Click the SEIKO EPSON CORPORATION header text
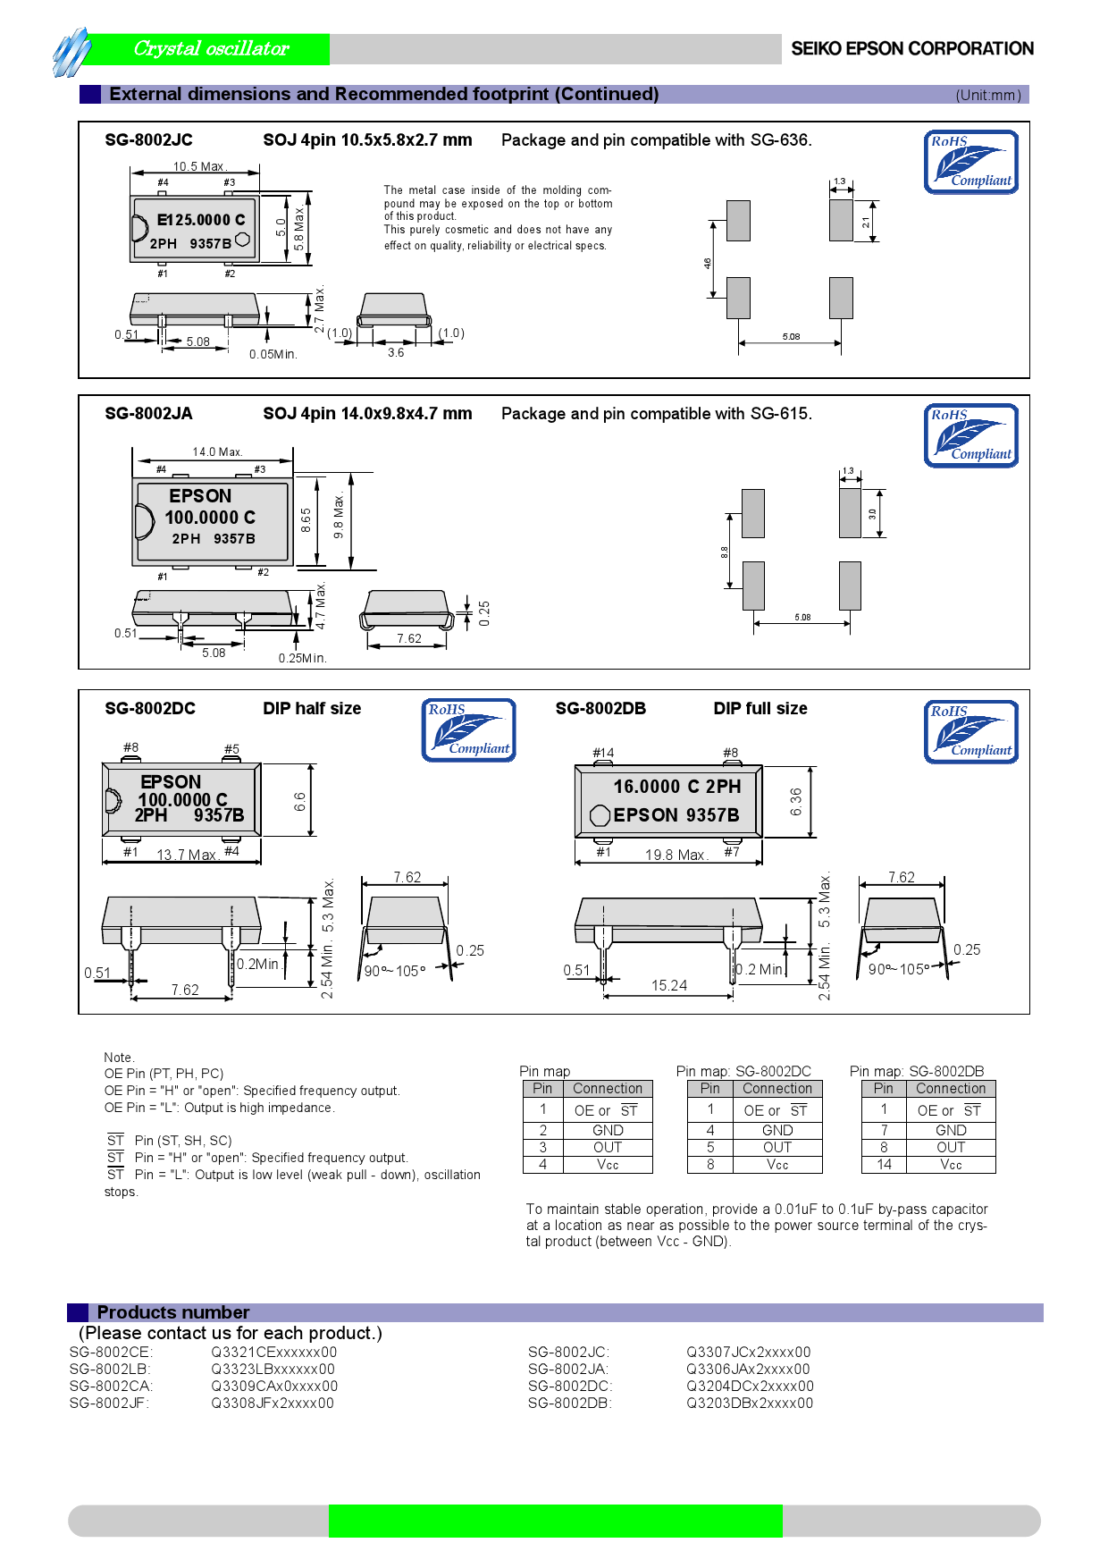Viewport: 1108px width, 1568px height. click(x=911, y=49)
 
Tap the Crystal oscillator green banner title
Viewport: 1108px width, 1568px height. click(x=212, y=49)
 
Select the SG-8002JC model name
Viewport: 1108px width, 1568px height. click(x=148, y=140)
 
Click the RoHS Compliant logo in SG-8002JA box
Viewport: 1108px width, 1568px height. click(x=970, y=435)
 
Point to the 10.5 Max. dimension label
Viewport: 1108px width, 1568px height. click(x=199, y=166)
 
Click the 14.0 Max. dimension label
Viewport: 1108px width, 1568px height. click(x=217, y=451)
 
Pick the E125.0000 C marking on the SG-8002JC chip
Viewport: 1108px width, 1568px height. click(x=200, y=220)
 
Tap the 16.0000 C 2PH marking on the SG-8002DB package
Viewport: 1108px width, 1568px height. click(x=676, y=787)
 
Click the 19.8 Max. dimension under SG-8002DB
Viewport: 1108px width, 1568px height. click(x=676, y=855)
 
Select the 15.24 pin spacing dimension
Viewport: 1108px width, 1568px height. click(x=668, y=985)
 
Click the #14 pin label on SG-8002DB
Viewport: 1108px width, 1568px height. click(x=603, y=753)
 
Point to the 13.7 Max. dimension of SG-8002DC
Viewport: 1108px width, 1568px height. click(x=187, y=855)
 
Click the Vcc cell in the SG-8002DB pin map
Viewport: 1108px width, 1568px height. click(x=951, y=1165)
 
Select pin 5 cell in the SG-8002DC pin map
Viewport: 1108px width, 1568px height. click(x=710, y=1147)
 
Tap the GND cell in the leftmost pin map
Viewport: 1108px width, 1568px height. click(x=608, y=1130)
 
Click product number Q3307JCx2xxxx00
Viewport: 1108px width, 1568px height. click(x=748, y=1352)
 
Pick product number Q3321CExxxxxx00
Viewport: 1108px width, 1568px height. click(x=273, y=1352)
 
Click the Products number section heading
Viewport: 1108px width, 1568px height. click(x=173, y=1312)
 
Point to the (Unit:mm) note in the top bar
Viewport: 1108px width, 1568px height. click(x=987, y=96)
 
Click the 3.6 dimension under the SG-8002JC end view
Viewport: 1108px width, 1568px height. click(x=396, y=352)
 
